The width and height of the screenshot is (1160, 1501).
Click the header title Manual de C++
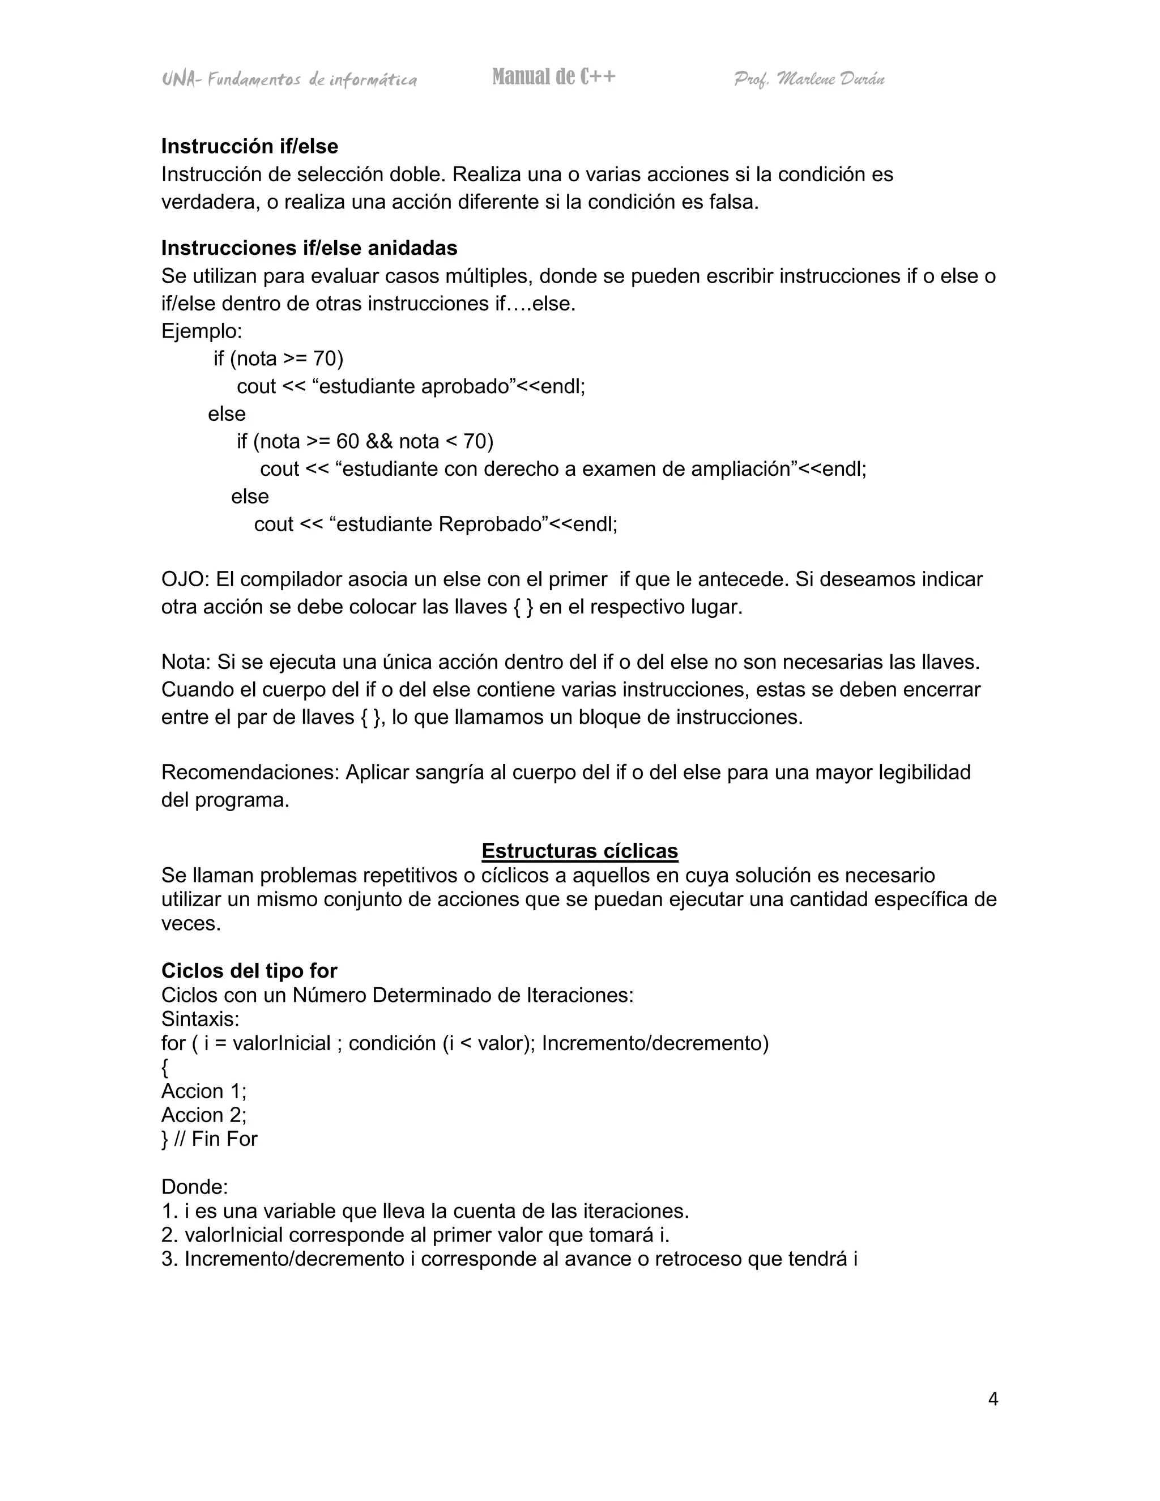tap(553, 77)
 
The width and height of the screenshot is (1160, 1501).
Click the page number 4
tap(992, 1398)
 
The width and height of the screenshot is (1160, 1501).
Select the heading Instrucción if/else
tap(249, 146)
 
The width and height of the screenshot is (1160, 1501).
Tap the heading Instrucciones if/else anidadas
tap(309, 248)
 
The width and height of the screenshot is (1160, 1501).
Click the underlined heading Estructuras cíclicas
tap(579, 851)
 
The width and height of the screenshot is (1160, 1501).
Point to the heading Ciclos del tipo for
tap(249, 970)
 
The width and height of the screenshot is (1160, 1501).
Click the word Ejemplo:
tap(201, 331)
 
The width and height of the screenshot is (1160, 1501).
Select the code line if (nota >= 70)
tap(278, 359)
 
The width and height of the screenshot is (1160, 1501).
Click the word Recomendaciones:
tap(250, 773)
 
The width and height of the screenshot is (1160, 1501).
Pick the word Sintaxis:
tap(200, 1018)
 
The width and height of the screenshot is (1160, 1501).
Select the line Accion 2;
tap(203, 1115)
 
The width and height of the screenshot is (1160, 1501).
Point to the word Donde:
tap(194, 1187)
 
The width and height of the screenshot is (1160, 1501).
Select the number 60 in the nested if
tap(347, 441)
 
